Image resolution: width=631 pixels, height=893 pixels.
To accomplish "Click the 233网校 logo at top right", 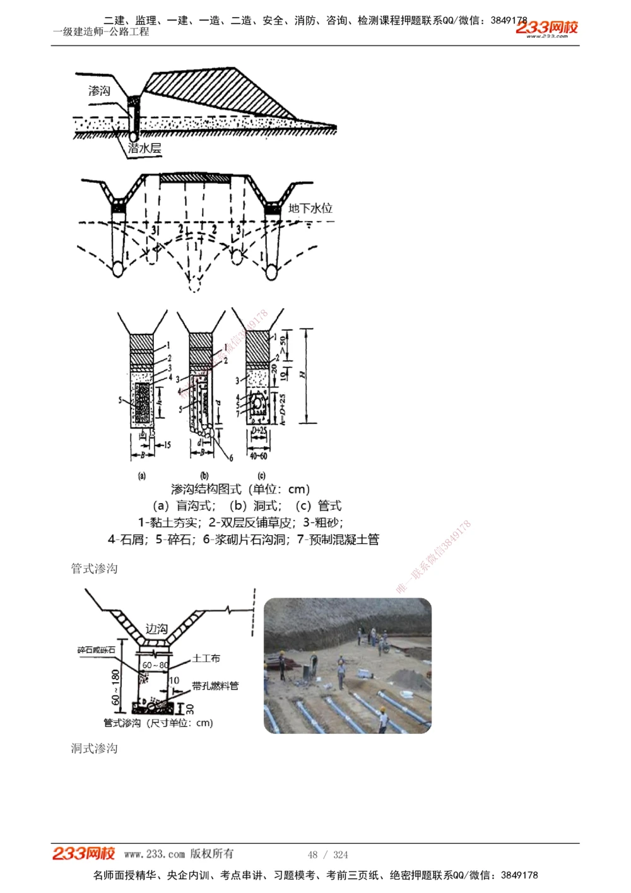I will point(546,28).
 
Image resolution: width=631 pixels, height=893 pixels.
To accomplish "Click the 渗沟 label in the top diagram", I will point(99,91).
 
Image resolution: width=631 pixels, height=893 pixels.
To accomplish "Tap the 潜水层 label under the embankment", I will point(144,148).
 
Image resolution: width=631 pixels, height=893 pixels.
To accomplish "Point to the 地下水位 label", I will point(310,208).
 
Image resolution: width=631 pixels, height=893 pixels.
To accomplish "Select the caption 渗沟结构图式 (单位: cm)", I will point(240,489).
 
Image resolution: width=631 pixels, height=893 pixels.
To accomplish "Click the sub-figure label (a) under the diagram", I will point(142,475).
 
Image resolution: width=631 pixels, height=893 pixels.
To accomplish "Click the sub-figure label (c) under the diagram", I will point(261,475).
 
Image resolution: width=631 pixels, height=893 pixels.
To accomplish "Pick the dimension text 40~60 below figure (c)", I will point(258,456).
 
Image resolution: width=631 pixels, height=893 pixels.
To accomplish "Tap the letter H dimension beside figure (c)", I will point(303,375).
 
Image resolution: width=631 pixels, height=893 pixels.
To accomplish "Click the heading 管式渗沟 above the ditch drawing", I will point(94,569).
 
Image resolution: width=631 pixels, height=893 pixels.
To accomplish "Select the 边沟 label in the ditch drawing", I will point(156,629).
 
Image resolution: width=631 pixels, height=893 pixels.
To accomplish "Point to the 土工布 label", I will point(206,658).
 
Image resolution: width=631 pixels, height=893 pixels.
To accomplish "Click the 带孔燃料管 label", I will point(215,685).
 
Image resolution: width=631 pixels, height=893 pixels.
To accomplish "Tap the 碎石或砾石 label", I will point(97,650).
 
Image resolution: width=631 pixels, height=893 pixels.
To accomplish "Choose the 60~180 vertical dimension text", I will point(115,687).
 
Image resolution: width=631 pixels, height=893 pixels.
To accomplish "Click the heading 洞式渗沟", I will point(94,748).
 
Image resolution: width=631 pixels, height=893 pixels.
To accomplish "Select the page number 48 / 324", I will point(327,855).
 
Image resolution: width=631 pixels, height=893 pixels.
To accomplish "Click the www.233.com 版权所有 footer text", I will point(179,854).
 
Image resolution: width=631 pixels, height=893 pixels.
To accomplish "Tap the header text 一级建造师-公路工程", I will point(101,32).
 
